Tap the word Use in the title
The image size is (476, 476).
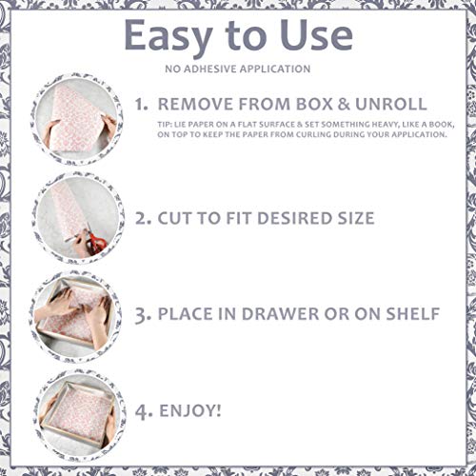(316, 37)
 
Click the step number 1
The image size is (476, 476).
(140, 103)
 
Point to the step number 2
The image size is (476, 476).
(143, 217)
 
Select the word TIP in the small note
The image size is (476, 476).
(166, 123)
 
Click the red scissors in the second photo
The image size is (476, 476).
(94, 245)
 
